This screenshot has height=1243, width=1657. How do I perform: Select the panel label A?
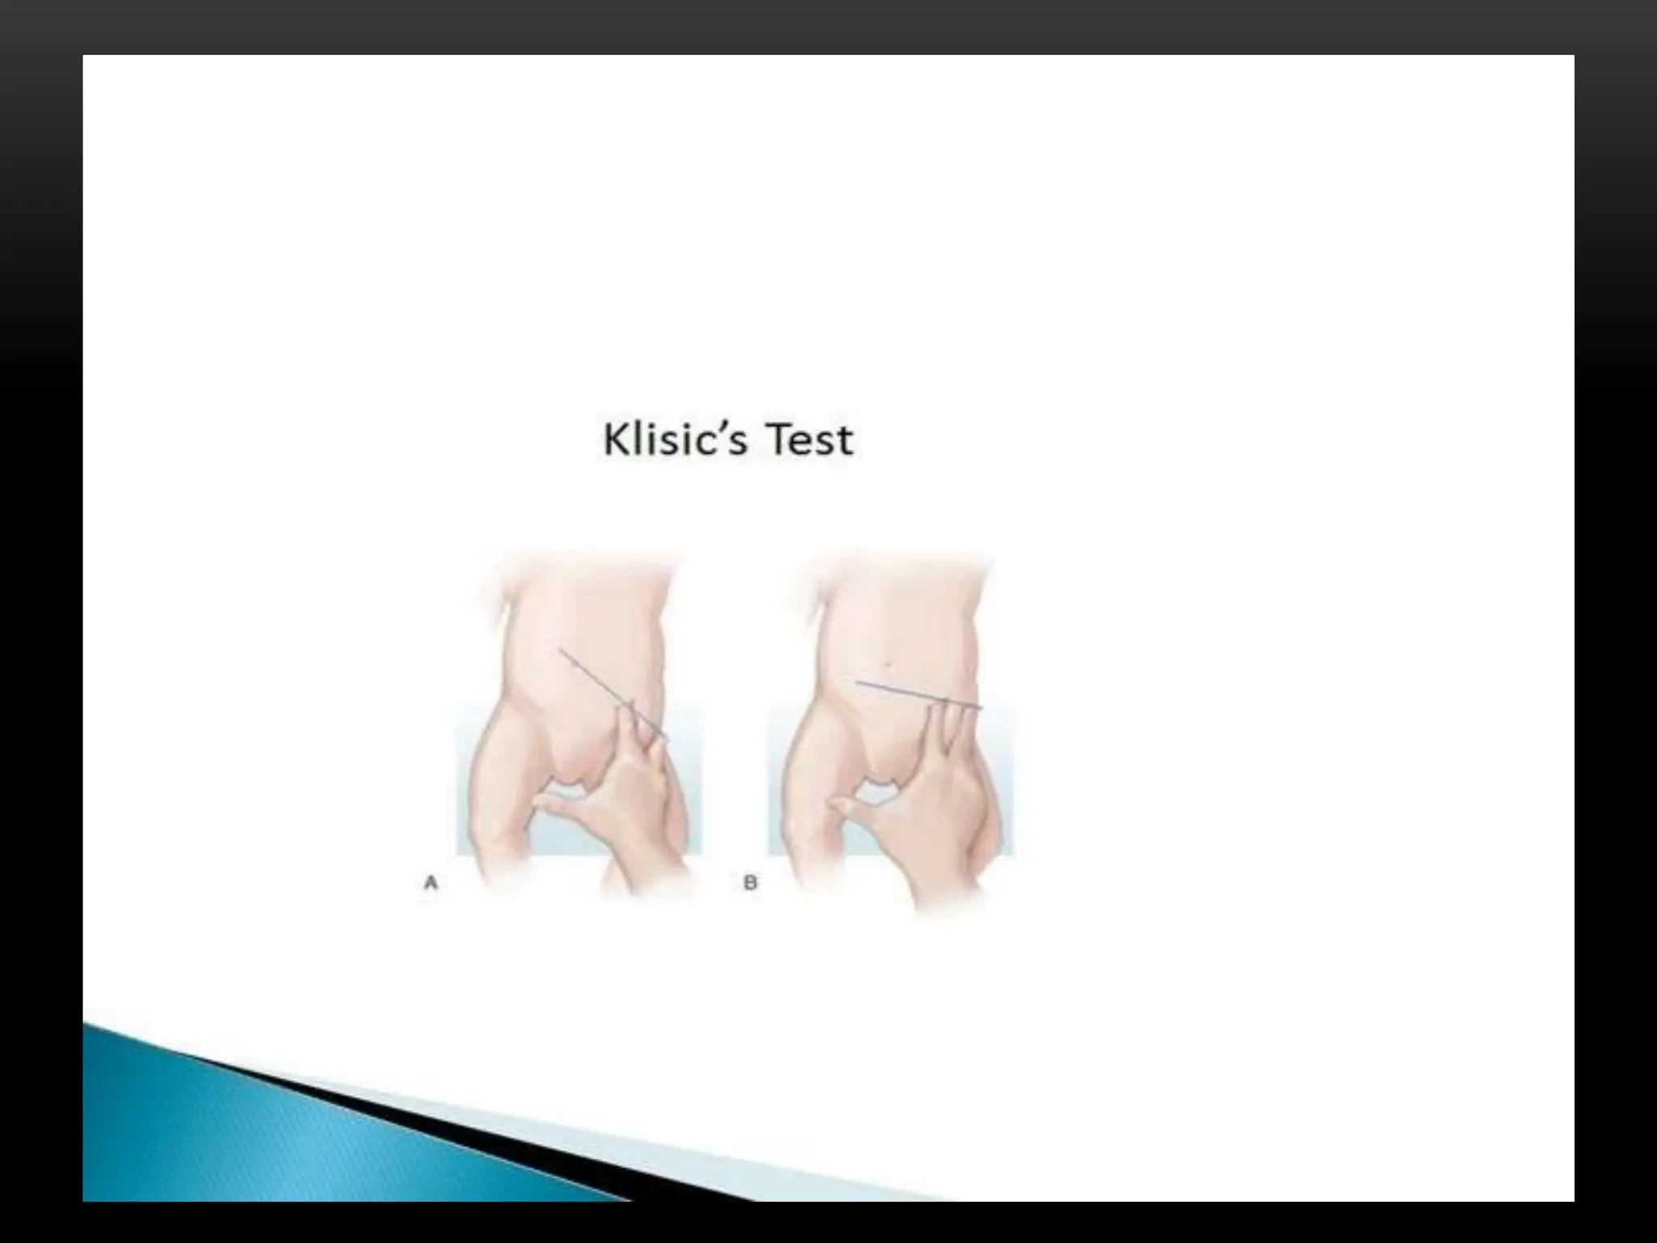[x=430, y=883]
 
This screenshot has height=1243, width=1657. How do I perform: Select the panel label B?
[x=750, y=883]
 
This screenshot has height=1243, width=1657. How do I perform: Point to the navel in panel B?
[x=888, y=665]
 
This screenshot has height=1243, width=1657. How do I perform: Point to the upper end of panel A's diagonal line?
[x=560, y=649]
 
